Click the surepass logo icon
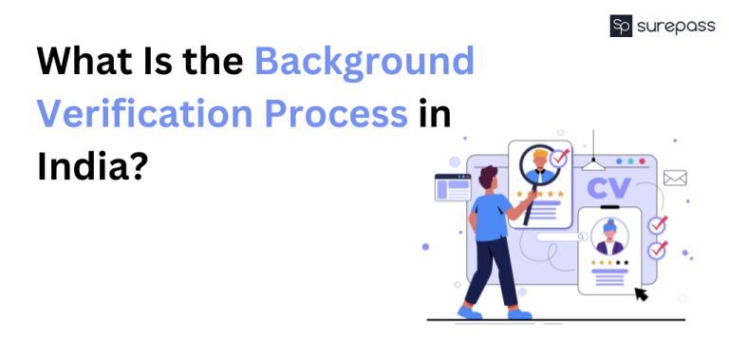click(622, 26)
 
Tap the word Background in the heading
click(364, 62)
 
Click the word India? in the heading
click(93, 166)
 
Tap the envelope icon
click(675, 178)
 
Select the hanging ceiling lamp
click(594, 163)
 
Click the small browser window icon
click(453, 186)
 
